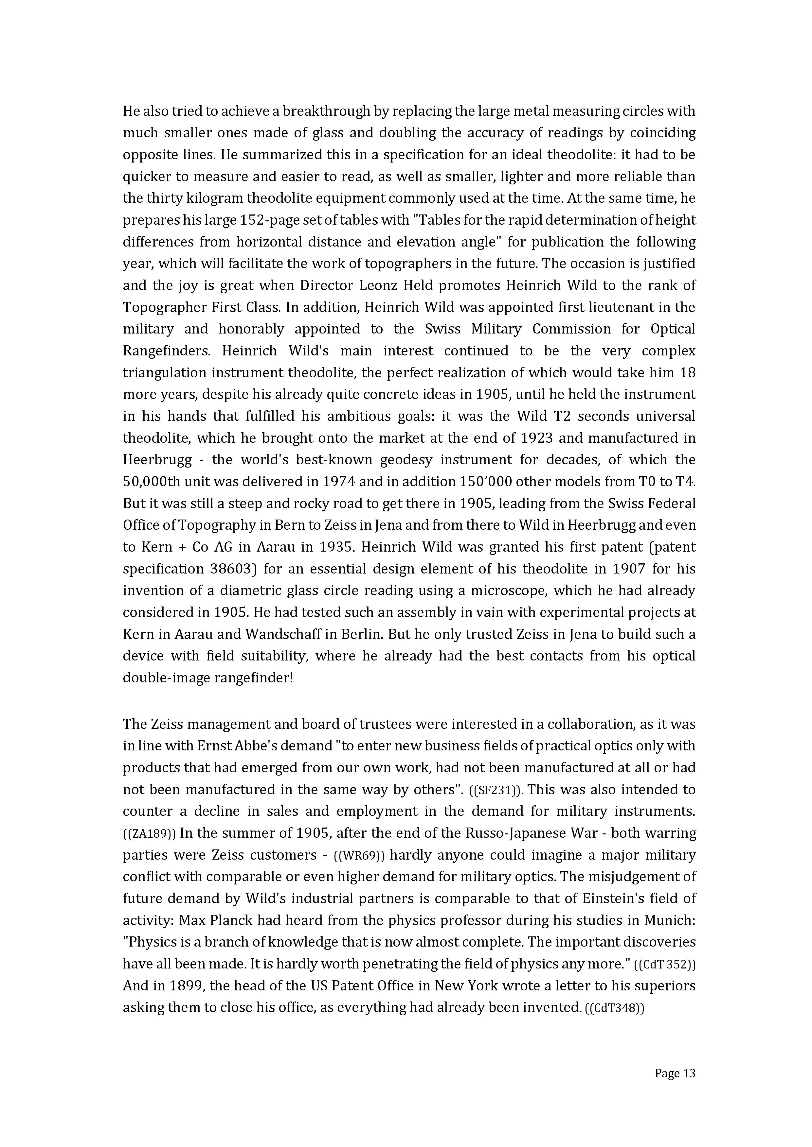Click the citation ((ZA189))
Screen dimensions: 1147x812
tap(149, 834)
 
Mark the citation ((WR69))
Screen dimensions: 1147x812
tap(359, 856)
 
